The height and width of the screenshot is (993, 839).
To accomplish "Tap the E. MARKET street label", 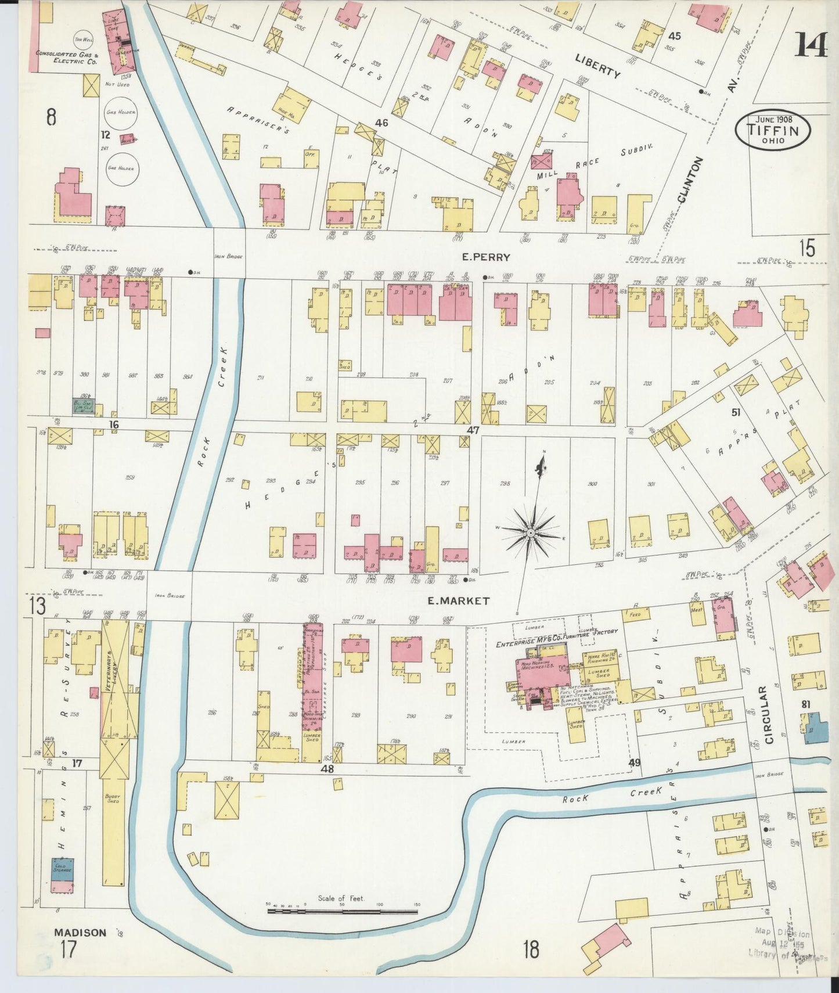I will click(458, 601).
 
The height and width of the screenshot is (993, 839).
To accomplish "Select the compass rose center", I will click(530, 532).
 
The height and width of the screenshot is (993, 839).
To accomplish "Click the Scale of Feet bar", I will click(343, 911).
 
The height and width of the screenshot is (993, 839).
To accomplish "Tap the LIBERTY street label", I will click(598, 66).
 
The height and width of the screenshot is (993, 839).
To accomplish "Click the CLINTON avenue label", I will click(689, 181).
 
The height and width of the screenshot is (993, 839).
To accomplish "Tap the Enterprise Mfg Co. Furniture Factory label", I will click(556, 638).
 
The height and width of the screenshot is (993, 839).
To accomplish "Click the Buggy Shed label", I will click(113, 798).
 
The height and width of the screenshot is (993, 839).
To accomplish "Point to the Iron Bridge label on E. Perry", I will click(228, 256).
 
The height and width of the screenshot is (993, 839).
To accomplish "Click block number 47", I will click(473, 430).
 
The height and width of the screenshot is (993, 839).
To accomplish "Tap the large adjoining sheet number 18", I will click(530, 950).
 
